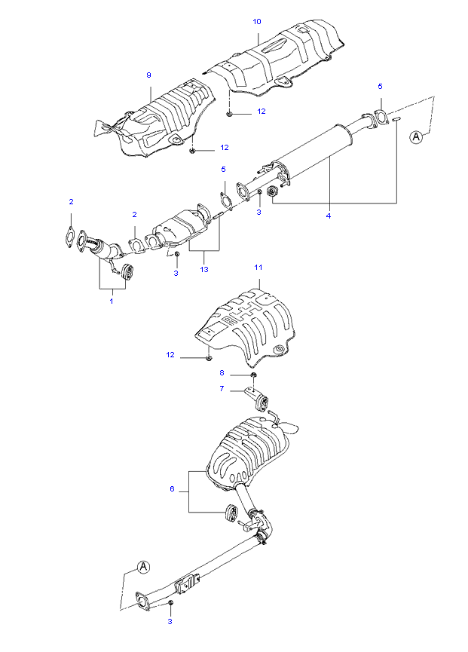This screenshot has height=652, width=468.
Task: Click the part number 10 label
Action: click(x=257, y=22)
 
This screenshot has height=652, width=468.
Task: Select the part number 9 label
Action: click(x=148, y=75)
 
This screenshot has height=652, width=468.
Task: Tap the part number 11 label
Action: click(x=258, y=268)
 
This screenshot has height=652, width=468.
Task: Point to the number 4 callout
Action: click(x=329, y=216)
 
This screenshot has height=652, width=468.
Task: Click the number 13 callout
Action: click(x=204, y=269)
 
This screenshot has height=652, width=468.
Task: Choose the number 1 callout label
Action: click(x=112, y=301)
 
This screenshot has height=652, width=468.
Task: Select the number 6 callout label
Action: click(x=172, y=489)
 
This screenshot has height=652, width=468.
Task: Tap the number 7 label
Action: click(x=222, y=388)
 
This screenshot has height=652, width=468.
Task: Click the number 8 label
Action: click(x=222, y=373)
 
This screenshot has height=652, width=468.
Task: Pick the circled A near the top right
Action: click(x=416, y=136)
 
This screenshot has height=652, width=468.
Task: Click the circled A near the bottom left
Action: click(x=143, y=566)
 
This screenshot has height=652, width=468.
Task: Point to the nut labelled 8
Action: click(x=253, y=375)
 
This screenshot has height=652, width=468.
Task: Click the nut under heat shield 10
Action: click(x=229, y=112)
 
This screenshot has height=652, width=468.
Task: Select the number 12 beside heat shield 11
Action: click(x=170, y=355)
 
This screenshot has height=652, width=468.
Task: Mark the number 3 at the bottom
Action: click(x=170, y=622)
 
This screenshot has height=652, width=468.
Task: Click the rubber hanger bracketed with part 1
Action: click(x=127, y=271)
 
